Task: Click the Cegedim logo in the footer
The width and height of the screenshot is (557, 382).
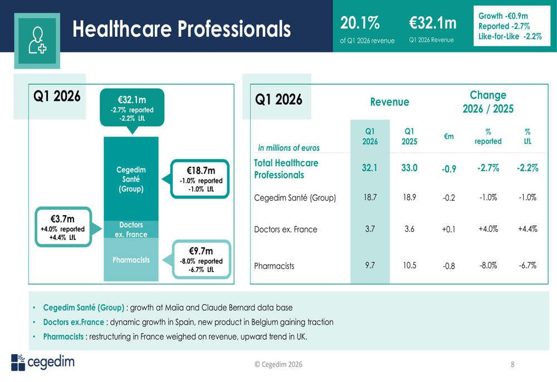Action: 42,362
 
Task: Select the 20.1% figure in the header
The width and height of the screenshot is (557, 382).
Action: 360,23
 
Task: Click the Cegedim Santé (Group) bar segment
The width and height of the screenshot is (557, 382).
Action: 131,179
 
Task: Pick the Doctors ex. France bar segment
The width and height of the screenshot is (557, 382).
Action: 131,229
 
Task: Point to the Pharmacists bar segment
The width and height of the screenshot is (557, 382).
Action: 131,260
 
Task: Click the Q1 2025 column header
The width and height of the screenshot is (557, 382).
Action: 409,136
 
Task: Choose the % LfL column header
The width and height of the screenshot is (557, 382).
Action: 527,136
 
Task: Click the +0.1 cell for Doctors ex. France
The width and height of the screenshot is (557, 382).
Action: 449,230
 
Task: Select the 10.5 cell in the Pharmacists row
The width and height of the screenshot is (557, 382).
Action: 409,265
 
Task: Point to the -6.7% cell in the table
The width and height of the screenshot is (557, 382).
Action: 527,265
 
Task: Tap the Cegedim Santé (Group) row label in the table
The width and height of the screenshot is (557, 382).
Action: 295,197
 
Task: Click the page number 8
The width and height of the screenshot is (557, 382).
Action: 512,365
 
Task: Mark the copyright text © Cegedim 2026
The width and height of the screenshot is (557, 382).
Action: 278,364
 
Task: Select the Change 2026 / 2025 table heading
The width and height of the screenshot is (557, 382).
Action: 488,102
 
